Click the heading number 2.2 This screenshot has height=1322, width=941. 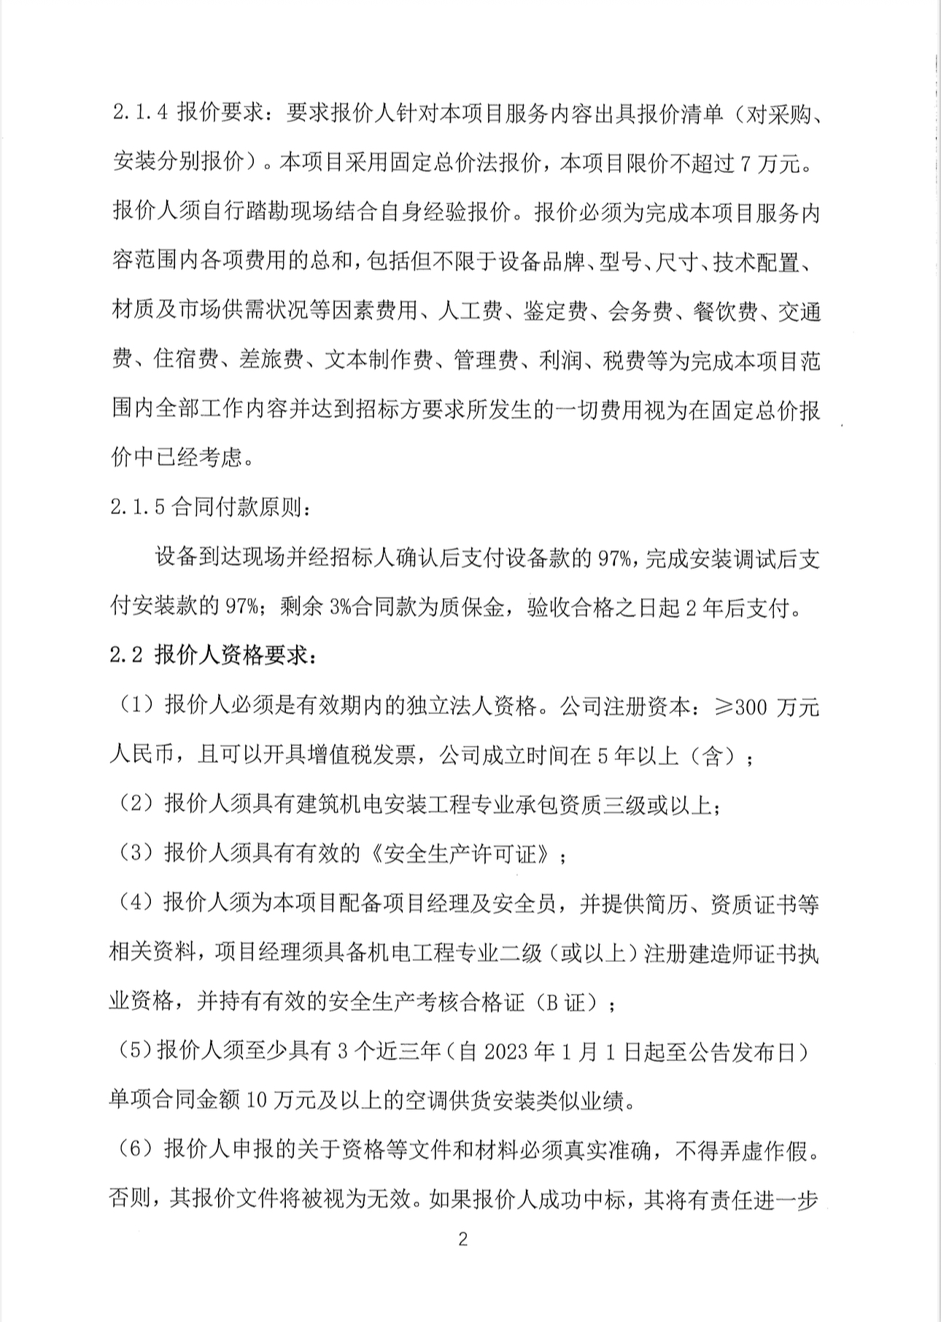click(x=125, y=656)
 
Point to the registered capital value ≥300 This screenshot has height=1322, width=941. click(x=739, y=707)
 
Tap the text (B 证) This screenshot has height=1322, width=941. click(x=570, y=1003)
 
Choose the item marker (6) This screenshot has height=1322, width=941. click(x=135, y=1151)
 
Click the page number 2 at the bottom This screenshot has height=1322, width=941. click(x=462, y=1240)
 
